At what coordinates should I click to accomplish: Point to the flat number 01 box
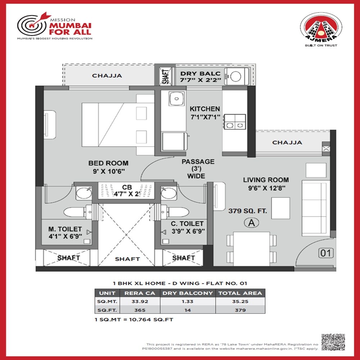tap(326, 253)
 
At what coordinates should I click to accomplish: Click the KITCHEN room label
tap(205, 109)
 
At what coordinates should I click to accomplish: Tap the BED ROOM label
tap(108, 163)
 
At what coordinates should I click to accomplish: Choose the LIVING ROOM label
tap(266, 180)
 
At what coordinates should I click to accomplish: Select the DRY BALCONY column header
tap(188, 293)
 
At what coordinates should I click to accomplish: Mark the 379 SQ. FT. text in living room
tap(248, 211)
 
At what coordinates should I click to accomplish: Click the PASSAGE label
tap(198, 162)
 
